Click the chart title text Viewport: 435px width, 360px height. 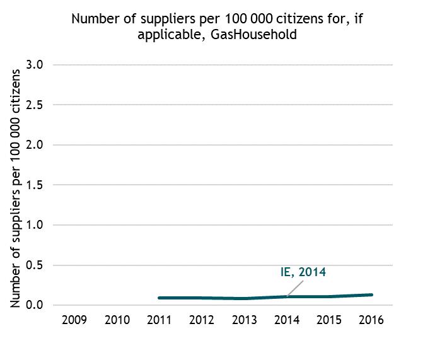217,26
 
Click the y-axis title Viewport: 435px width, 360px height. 17,186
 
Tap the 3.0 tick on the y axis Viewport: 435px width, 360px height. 35,65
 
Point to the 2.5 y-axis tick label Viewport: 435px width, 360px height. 35,105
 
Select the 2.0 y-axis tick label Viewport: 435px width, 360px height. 35,145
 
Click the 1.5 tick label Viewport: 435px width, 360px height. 35,185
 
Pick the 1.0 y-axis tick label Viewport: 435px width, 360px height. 35,225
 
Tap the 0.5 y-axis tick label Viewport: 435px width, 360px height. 35,265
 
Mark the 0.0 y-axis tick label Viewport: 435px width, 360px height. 35,305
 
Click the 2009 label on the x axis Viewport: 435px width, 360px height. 75,320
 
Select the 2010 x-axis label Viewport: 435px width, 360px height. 117,320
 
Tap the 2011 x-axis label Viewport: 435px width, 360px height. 159,320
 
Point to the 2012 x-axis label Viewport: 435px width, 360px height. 202,320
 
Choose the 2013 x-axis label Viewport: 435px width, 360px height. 244,320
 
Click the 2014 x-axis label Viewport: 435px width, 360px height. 286,320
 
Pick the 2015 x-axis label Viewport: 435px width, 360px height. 328,320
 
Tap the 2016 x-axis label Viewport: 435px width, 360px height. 371,320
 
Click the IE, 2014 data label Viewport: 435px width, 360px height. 303,273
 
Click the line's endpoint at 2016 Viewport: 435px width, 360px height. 371,294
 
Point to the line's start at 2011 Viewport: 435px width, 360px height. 159,298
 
